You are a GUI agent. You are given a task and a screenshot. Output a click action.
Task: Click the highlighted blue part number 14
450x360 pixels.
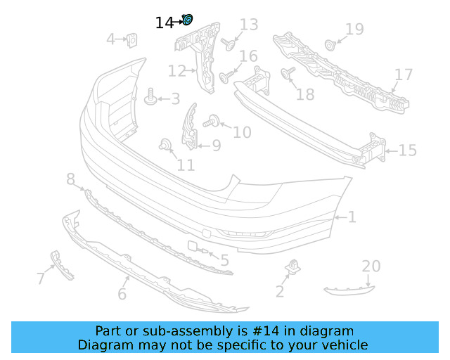[x=188, y=20]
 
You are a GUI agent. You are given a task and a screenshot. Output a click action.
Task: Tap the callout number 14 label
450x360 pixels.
[x=164, y=23]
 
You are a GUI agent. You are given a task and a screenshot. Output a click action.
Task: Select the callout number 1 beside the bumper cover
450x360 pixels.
[x=352, y=217]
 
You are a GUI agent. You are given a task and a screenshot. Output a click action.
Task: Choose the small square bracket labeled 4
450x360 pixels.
[x=131, y=41]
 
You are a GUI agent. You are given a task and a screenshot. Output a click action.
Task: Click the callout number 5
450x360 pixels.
[x=224, y=261]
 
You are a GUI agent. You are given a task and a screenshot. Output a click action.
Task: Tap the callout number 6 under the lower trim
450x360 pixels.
[x=122, y=294]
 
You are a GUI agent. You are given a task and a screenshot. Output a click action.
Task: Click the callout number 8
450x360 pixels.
[x=70, y=181]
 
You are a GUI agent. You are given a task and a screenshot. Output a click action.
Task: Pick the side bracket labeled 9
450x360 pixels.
[x=190, y=128]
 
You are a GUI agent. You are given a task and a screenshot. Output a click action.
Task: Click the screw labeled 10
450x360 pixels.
[x=210, y=123]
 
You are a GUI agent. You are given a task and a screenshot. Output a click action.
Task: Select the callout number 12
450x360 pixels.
[x=176, y=71]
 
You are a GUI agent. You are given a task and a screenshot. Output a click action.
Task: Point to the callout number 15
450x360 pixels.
[x=408, y=150]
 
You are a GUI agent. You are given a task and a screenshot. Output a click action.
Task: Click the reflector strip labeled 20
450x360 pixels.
[x=349, y=288]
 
